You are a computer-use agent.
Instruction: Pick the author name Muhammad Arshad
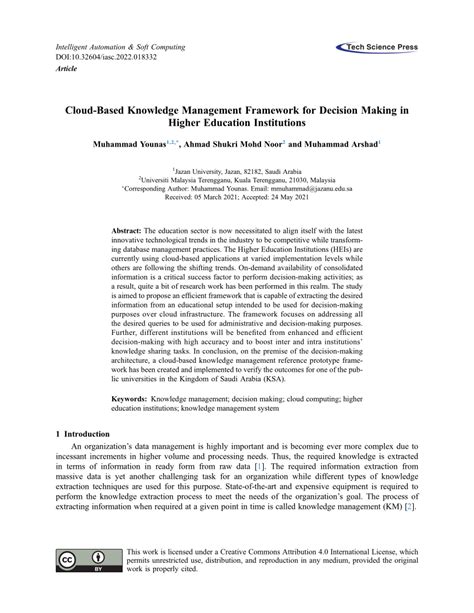click(x=345, y=147)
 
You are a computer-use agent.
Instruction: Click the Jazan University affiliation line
click(x=236, y=172)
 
